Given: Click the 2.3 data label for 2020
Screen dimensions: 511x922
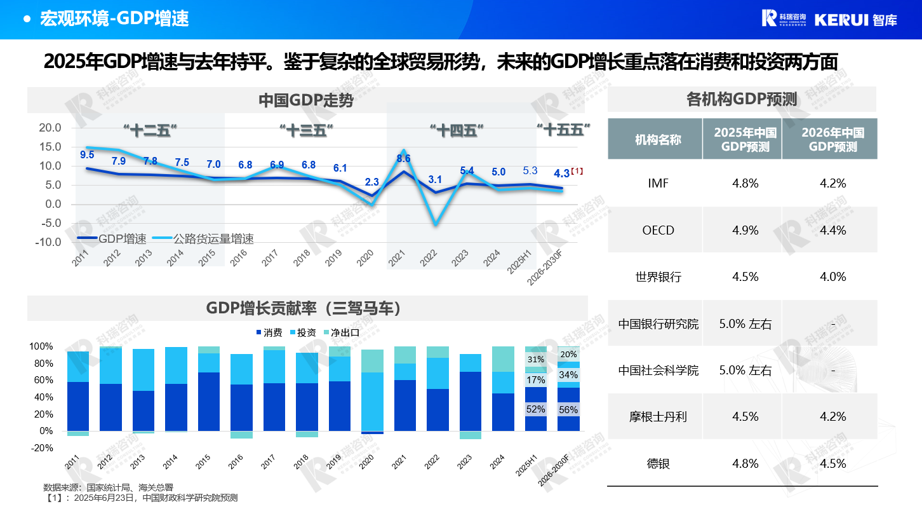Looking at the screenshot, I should pos(371,182).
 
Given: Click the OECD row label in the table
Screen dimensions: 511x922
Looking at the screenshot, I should pos(658,230).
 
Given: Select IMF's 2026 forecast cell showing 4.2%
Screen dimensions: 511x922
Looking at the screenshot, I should pos(832,184).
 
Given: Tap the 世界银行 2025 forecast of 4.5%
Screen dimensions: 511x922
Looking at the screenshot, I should pos(745,276).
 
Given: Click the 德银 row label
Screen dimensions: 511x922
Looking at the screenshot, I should pos(658,463).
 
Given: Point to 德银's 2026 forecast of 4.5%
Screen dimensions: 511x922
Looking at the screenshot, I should pos(832,463).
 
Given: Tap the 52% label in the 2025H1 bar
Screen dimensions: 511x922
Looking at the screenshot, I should pos(536,409).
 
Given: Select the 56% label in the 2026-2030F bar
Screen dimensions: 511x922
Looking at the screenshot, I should pos(568,411).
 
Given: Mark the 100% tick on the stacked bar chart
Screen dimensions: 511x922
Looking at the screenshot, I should pos(41,346).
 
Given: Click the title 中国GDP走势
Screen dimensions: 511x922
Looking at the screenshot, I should pos(306,100).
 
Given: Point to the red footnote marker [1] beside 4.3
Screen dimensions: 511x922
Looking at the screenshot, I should pos(577,171).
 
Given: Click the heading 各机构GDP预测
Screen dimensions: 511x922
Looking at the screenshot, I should pos(742,99).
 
